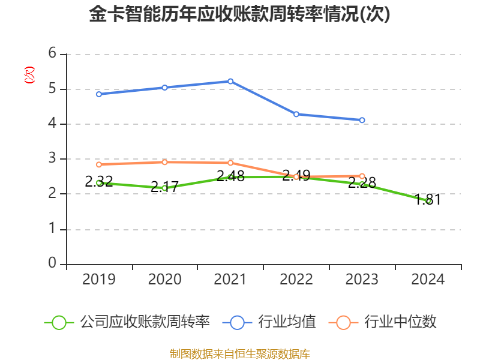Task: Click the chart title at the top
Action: (239, 14)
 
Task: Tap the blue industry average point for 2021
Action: (230, 82)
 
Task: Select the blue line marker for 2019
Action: (99, 94)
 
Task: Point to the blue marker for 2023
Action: (362, 121)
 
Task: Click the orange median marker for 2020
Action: (164, 162)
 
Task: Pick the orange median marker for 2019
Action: (99, 164)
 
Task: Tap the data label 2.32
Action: (99, 182)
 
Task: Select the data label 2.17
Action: (164, 187)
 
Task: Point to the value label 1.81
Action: (428, 200)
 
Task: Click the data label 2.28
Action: (362, 183)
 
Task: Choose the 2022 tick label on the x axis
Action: (296, 280)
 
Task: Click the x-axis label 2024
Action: (428, 280)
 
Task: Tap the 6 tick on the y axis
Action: (52, 53)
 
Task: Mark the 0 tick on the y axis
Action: (52, 263)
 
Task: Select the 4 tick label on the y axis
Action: (52, 123)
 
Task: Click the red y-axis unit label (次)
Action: (29, 75)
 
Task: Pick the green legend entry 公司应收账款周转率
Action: (127, 322)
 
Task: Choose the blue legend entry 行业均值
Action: (269, 322)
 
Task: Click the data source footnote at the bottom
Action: (240, 354)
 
